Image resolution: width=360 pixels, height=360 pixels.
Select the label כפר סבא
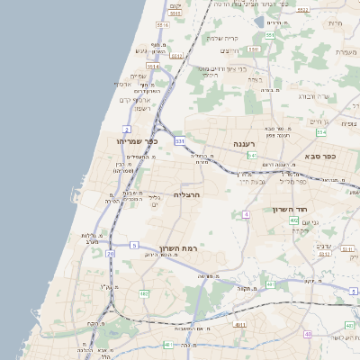pos(320,156)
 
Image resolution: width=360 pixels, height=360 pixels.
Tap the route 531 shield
pos(179,141)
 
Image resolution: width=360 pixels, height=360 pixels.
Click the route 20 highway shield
pos(110,254)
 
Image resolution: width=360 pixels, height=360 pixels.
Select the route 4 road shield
pos(246,214)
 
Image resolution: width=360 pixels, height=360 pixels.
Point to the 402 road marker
pos(294,220)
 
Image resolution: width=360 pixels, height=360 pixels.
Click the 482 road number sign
pos(145,292)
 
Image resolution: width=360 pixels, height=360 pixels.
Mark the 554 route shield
pos(322,132)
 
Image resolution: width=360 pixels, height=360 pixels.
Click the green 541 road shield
pos(253,155)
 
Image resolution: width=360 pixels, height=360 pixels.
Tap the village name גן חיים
pos(319,121)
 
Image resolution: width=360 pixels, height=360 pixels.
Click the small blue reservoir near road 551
pos(260,23)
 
